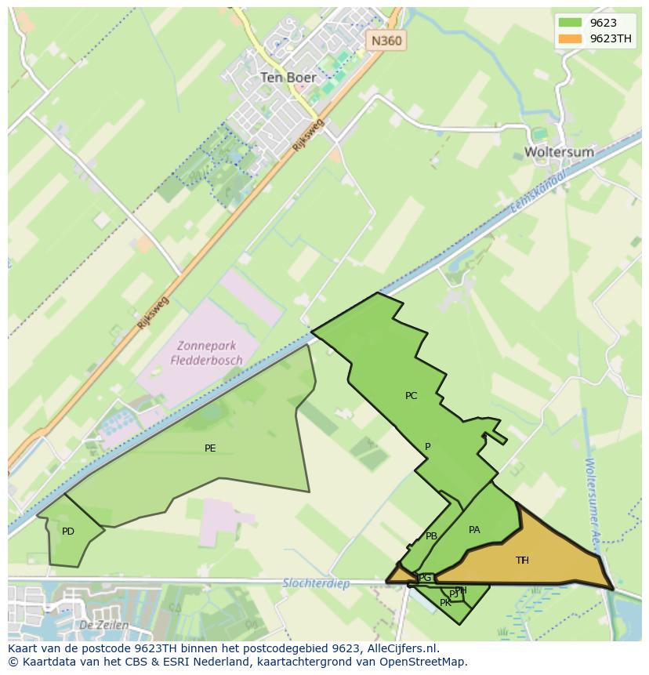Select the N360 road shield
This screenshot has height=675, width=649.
(387, 41)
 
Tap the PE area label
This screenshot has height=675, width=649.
(210, 448)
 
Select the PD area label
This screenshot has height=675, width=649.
(68, 532)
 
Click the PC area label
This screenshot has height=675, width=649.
(411, 396)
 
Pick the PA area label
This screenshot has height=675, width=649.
(474, 530)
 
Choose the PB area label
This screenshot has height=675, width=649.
(431, 536)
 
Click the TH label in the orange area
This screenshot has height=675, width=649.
(522, 561)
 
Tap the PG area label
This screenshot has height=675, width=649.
(425, 578)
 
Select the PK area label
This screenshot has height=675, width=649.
(445, 603)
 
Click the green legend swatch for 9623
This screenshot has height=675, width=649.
(570, 23)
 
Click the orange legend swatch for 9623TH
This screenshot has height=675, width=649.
(570, 38)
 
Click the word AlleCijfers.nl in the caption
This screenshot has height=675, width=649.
(402, 648)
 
